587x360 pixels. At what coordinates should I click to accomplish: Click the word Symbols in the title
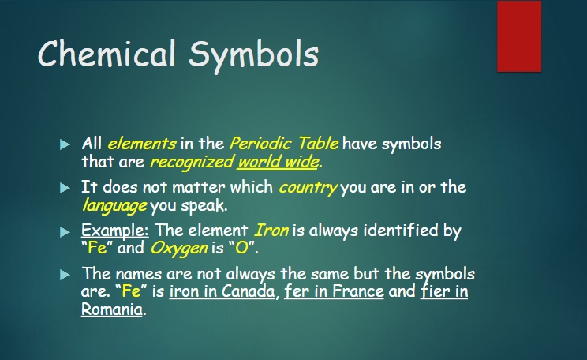[x=253, y=55]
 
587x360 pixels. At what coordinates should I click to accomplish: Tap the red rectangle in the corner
[x=519, y=36]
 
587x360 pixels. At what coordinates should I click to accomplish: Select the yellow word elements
[x=142, y=144]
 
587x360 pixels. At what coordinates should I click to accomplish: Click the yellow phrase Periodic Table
[x=284, y=144]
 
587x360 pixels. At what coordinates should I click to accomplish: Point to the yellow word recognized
[x=192, y=163]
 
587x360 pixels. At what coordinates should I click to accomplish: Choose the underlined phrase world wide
[x=279, y=162]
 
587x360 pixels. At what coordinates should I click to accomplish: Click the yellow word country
[x=308, y=188]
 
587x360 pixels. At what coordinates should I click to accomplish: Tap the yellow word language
[x=114, y=206]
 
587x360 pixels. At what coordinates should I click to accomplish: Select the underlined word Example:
[x=115, y=231]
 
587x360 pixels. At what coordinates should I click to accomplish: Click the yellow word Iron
[x=271, y=230]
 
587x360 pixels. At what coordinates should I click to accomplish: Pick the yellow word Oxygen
[x=179, y=249]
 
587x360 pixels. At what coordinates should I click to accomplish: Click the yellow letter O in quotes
[x=242, y=248]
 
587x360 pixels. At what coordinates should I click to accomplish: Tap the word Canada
[x=248, y=291]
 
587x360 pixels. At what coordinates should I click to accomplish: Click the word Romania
[x=111, y=309]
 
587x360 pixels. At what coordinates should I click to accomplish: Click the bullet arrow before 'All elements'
[x=65, y=144]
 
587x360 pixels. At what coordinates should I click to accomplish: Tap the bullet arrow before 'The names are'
[x=65, y=275]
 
